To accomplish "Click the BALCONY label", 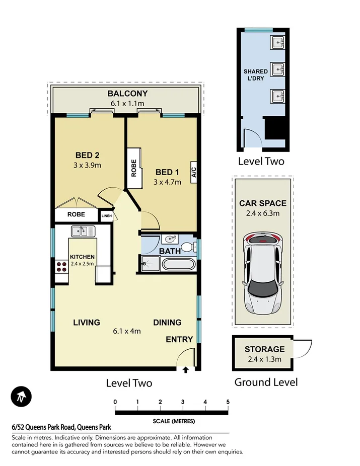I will pos(127,93).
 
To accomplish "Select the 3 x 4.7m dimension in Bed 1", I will pos(167,182).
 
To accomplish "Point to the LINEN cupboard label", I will pos(107,216).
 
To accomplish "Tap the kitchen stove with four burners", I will pos(62,266).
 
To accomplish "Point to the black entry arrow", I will pos(185,370).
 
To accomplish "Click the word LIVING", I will pos(86,322).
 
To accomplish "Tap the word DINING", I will pos(167,322).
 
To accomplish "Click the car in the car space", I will pos(262,272).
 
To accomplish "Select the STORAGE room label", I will pos(264,349).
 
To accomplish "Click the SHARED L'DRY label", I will pos(255,75).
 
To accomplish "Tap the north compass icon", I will pos(21,397).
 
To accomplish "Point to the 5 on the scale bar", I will pos(228,401).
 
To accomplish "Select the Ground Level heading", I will pos(266,382).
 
